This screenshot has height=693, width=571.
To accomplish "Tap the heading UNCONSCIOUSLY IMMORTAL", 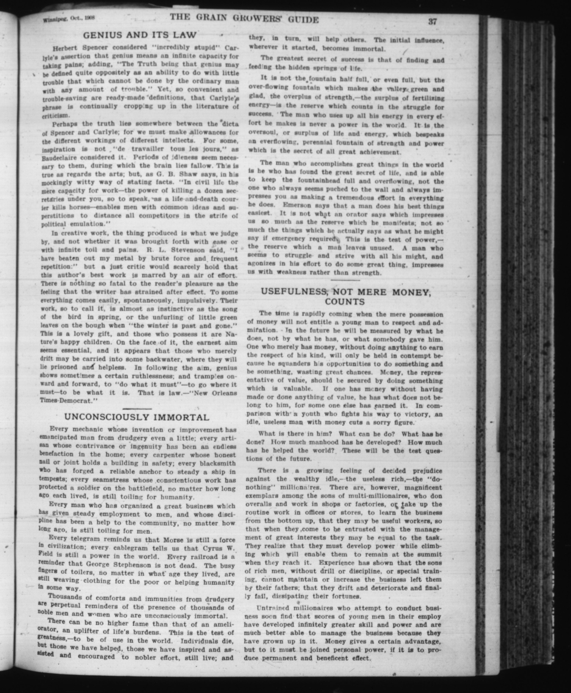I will tap(136, 417).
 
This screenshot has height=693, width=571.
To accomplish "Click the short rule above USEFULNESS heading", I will tap(345, 280).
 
